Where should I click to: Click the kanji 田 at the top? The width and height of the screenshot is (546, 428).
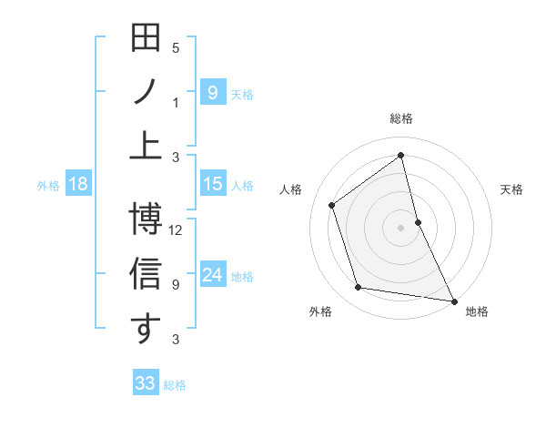pyautogui.click(x=147, y=39)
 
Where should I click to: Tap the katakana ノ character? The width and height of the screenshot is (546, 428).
pyautogui.click(x=146, y=93)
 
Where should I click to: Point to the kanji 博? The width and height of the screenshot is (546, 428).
pyautogui.click(x=147, y=219)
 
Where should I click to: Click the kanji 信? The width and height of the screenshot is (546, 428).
pyautogui.click(x=147, y=274)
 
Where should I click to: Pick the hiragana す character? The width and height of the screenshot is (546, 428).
pyautogui.click(x=146, y=329)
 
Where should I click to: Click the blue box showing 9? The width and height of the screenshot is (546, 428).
pyautogui.click(x=212, y=93)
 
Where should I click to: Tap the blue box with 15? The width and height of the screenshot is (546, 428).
pyautogui.click(x=212, y=184)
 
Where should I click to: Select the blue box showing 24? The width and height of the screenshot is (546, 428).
pyautogui.click(x=212, y=275)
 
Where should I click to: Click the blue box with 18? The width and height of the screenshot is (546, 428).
pyautogui.click(x=77, y=184)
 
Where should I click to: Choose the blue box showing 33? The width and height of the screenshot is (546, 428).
pyautogui.click(x=146, y=383)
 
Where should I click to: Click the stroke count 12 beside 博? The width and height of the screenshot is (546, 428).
pyautogui.click(x=177, y=230)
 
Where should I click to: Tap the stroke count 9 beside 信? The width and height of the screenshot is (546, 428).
pyautogui.click(x=176, y=284)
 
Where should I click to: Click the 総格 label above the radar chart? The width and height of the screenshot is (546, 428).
pyautogui.click(x=401, y=118)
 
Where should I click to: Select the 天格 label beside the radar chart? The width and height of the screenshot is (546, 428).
pyautogui.click(x=512, y=189)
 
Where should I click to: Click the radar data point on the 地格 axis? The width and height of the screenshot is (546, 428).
pyautogui.click(x=453, y=300)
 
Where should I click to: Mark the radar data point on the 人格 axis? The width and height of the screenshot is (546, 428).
pyautogui.click(x=332, y=205)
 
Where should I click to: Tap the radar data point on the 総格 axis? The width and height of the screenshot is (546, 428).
pyautogui.click(x=401, y=156)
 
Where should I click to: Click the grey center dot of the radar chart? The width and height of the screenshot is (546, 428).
pyautogui.click(x=401, y=227)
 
